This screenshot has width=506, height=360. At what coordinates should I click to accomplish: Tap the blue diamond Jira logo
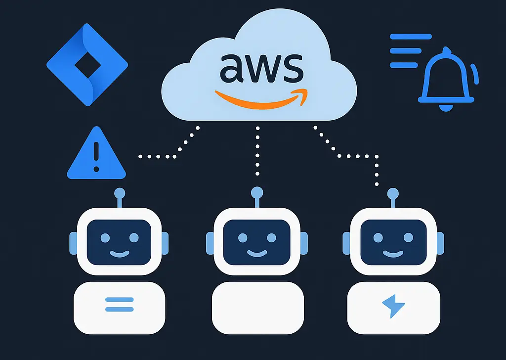pos(87,64)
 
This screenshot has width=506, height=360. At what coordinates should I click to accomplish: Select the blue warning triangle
pos(96,154)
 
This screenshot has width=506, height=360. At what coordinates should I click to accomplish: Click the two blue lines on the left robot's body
pos(120,304)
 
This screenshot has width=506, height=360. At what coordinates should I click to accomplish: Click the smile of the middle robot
pos(256,254)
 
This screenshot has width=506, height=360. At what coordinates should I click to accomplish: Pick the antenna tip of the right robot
pos(393,192)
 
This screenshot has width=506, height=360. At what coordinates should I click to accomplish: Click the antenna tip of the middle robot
pos(257,192)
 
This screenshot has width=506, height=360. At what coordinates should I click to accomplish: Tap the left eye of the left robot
pos(105,238)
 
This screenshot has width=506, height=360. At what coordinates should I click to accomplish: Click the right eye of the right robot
pos(408,238)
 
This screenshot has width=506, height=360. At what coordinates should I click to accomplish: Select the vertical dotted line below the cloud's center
pos(257,151)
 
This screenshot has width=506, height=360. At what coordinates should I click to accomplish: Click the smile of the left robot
pos(120,254)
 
